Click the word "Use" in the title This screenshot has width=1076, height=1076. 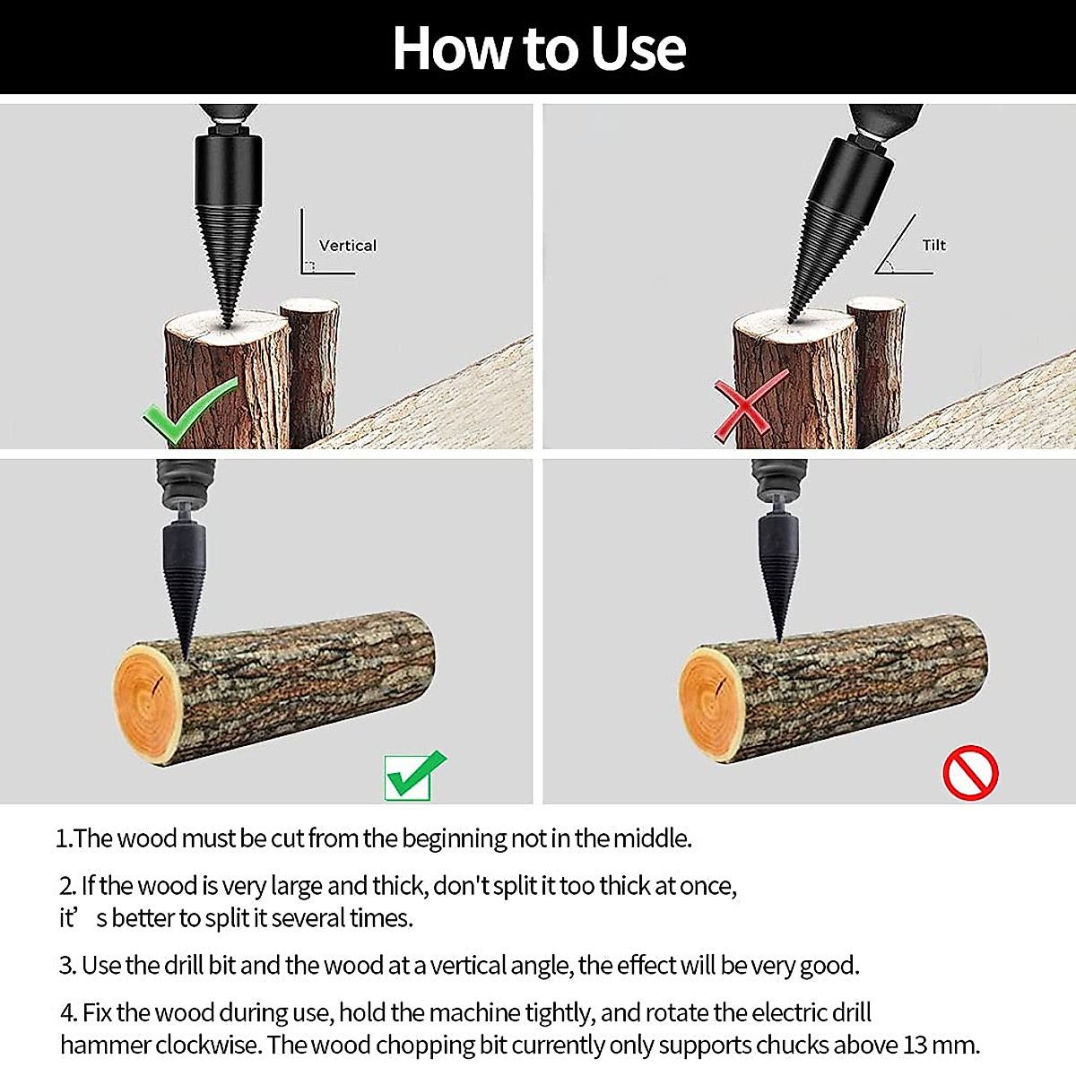tap(638, 48)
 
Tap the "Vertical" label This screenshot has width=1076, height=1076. tap(348, 246)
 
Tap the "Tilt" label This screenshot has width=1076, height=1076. tap(933, 246)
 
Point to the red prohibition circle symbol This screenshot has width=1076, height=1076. tap(970, 773)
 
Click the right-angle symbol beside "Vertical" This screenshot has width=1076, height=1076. tap(309, 265)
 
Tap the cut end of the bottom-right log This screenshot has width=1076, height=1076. tap(713, 705)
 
